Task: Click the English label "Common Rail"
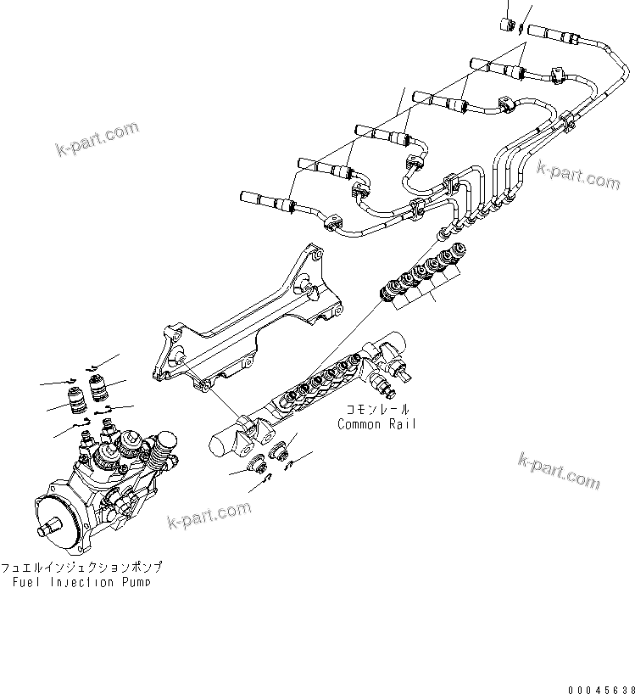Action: click(x=376, y=424)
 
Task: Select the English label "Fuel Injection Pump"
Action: click(x=81, y=582)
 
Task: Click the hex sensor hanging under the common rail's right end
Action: click(x=388, y=389)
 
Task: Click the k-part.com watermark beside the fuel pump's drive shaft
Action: click(x=209, y=513)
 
